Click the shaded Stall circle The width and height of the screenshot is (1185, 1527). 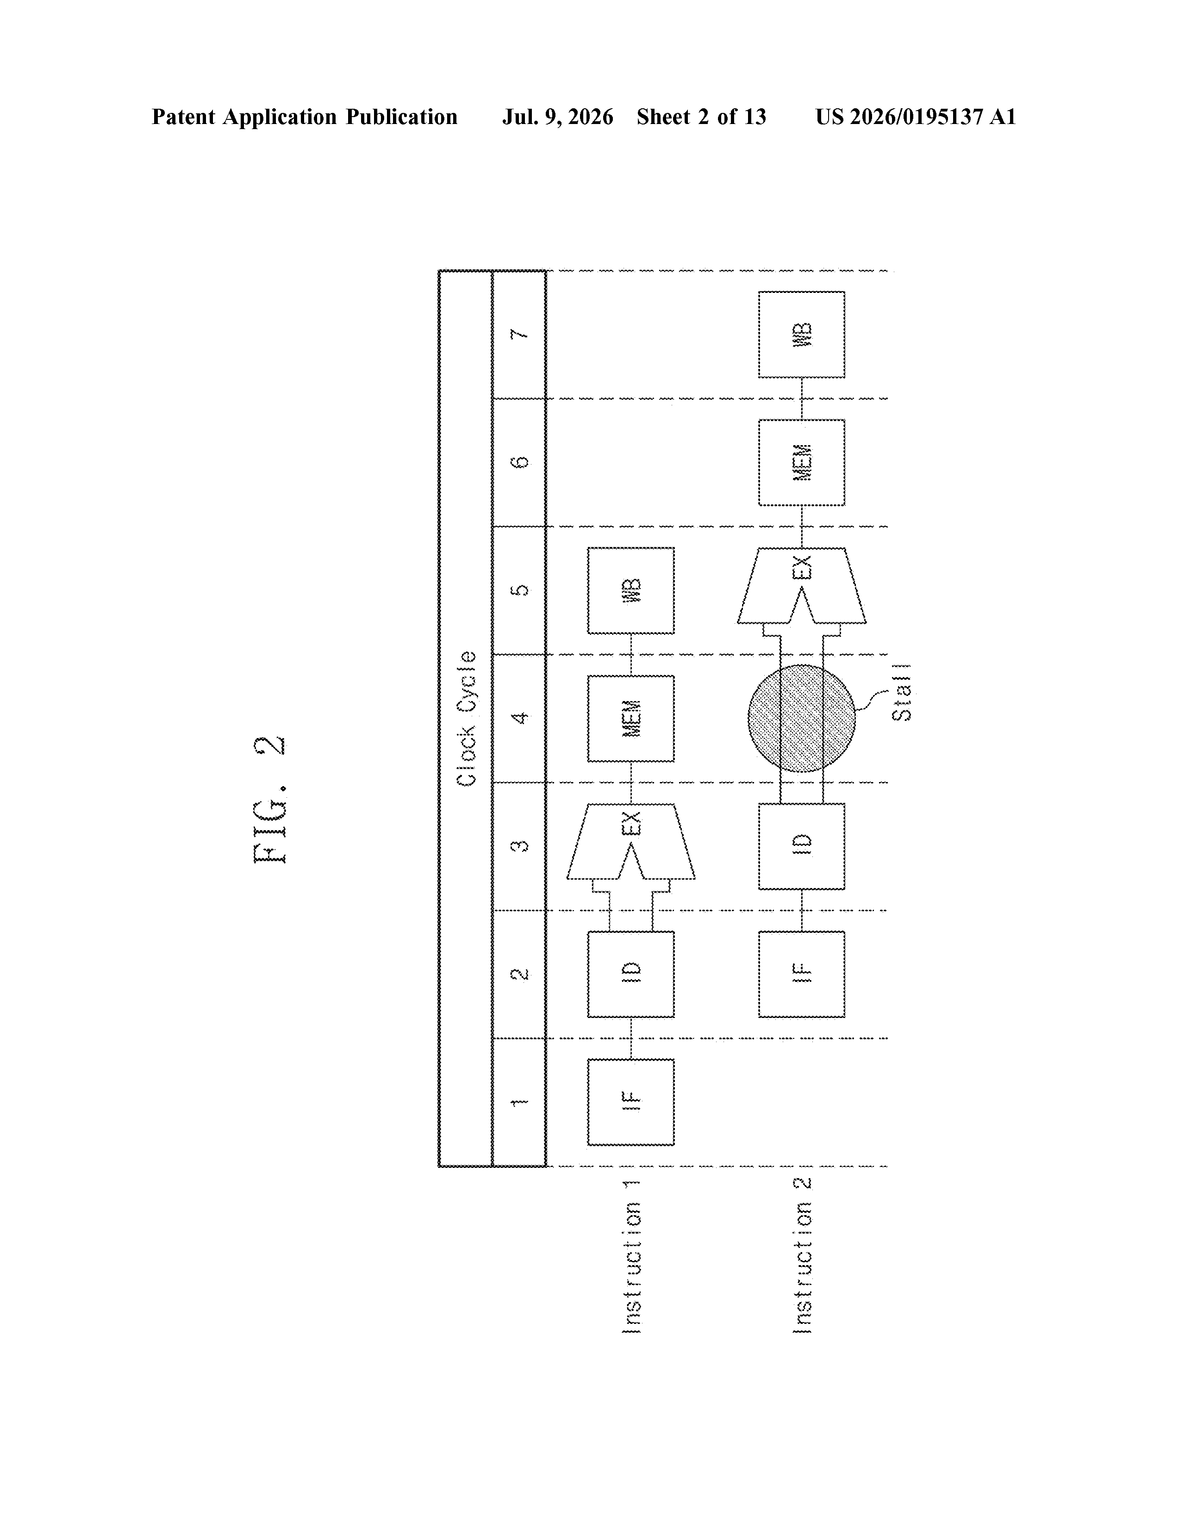802,718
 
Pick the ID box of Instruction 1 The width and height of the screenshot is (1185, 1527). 631,974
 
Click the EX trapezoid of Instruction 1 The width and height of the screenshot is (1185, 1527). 631,841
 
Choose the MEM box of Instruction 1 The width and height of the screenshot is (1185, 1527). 631,718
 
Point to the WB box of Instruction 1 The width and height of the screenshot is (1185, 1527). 631,591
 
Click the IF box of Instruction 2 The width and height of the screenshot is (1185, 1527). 802,974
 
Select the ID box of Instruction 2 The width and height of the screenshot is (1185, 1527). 802,846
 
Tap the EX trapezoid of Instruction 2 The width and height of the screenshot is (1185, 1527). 802,585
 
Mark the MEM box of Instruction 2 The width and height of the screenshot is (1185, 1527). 802,462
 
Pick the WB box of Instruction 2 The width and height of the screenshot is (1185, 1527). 802,334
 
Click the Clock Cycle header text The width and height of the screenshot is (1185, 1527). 467,718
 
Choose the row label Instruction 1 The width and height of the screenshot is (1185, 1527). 631,1256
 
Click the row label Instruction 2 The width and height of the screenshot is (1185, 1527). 802,1256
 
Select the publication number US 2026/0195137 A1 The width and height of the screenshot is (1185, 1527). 916,117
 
